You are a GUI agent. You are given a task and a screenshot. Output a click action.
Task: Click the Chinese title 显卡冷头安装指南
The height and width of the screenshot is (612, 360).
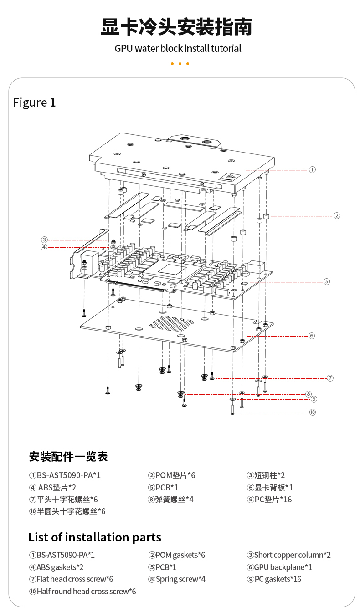pos(176,27)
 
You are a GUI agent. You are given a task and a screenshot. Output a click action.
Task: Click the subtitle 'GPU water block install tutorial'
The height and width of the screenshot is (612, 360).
pos(178,48)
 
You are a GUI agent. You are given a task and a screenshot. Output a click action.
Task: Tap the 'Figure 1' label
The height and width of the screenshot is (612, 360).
pos(34,102)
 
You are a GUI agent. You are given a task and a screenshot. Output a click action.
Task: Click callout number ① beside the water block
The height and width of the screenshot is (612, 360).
pos(312,169)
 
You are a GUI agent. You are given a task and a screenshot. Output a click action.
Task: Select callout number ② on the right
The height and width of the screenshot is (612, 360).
pos(337,215)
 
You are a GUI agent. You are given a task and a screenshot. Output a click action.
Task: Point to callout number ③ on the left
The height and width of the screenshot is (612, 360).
pos(44,240)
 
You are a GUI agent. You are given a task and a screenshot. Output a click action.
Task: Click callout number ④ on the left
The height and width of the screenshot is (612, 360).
pos(44,247)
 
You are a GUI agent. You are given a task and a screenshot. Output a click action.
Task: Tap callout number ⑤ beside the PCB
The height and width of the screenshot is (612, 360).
pos(327,281)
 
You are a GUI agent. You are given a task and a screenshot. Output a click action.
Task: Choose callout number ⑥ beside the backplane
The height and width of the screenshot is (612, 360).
pos(312,336)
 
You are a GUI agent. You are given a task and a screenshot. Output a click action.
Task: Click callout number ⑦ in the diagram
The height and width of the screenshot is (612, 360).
pos(330,378)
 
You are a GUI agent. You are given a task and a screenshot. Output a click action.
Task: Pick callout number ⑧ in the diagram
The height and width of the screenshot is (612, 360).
pos(309,394)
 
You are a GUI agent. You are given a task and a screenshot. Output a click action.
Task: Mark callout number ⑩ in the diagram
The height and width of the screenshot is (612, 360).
pos(312,412)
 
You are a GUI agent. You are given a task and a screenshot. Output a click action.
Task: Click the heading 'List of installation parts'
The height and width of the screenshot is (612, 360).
pos(95,537)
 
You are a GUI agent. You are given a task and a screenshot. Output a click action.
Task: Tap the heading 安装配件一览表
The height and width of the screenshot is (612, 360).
pos(68,456)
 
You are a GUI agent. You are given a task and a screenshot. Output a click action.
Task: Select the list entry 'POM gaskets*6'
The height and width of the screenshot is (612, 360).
pos(176,555)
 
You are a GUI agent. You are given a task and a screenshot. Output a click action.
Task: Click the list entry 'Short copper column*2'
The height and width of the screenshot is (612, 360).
pos(288,555)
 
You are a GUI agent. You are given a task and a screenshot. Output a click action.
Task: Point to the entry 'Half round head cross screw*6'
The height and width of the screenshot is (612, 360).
pos(82,592)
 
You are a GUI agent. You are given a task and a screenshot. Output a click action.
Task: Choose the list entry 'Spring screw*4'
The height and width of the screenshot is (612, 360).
pos(170,579)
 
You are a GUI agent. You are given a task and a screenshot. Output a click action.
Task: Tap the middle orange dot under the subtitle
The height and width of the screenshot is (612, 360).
pos(180,64)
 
